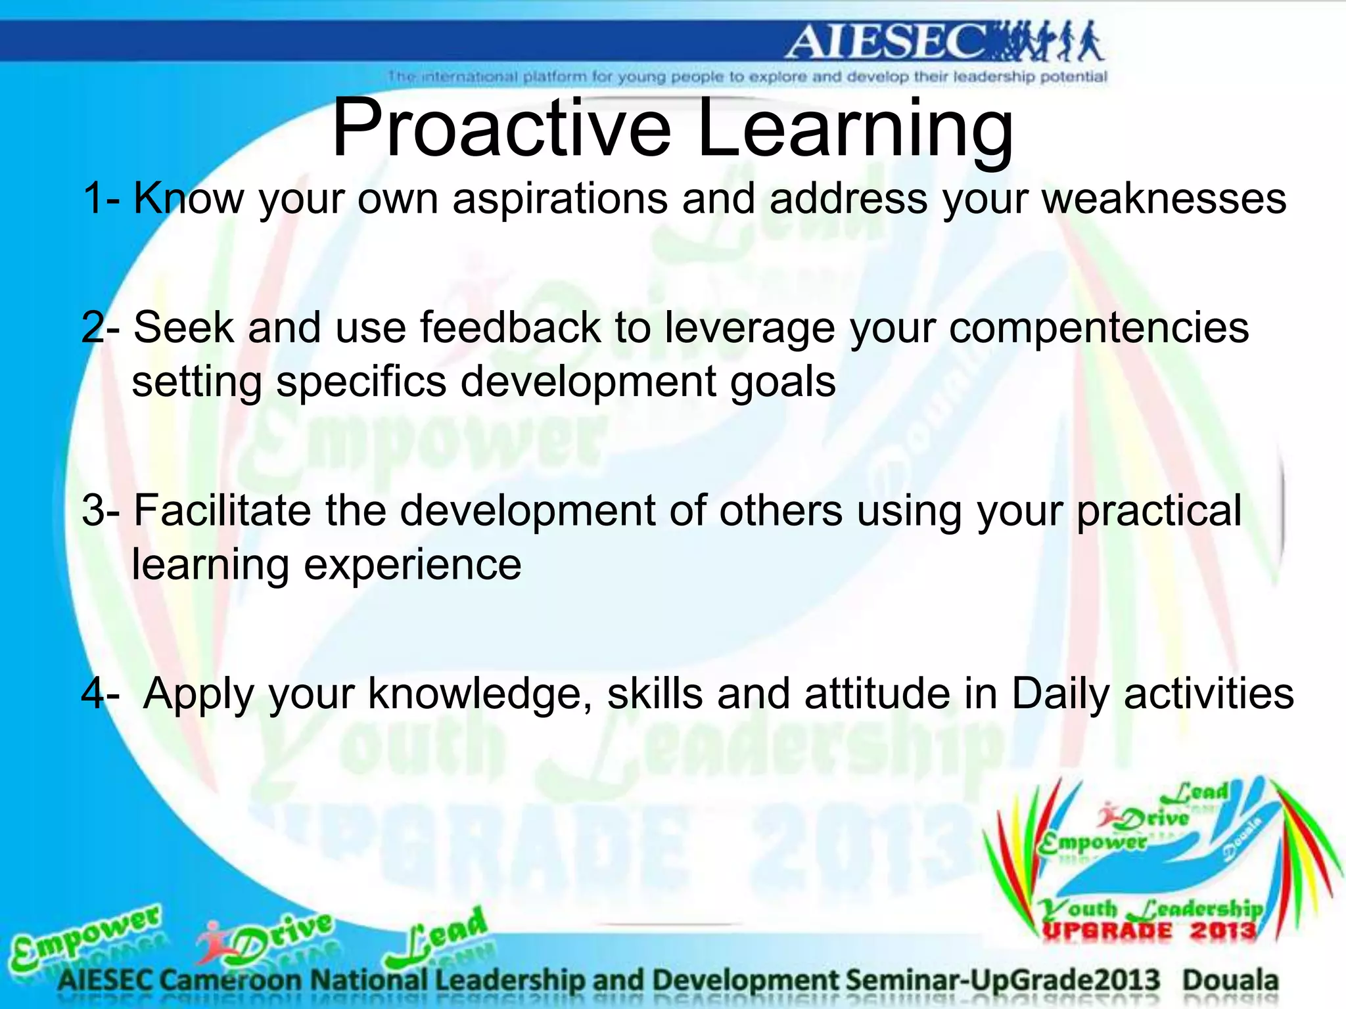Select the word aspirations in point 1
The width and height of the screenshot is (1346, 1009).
(x=559, y=199)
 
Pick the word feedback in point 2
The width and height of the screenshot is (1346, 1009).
(x=510, y=328)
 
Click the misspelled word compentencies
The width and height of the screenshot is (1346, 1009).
(x=1098, y=328)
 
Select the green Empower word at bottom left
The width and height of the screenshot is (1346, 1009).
(x=85, y=936)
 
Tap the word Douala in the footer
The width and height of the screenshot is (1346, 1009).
(x=1230, y=980)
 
